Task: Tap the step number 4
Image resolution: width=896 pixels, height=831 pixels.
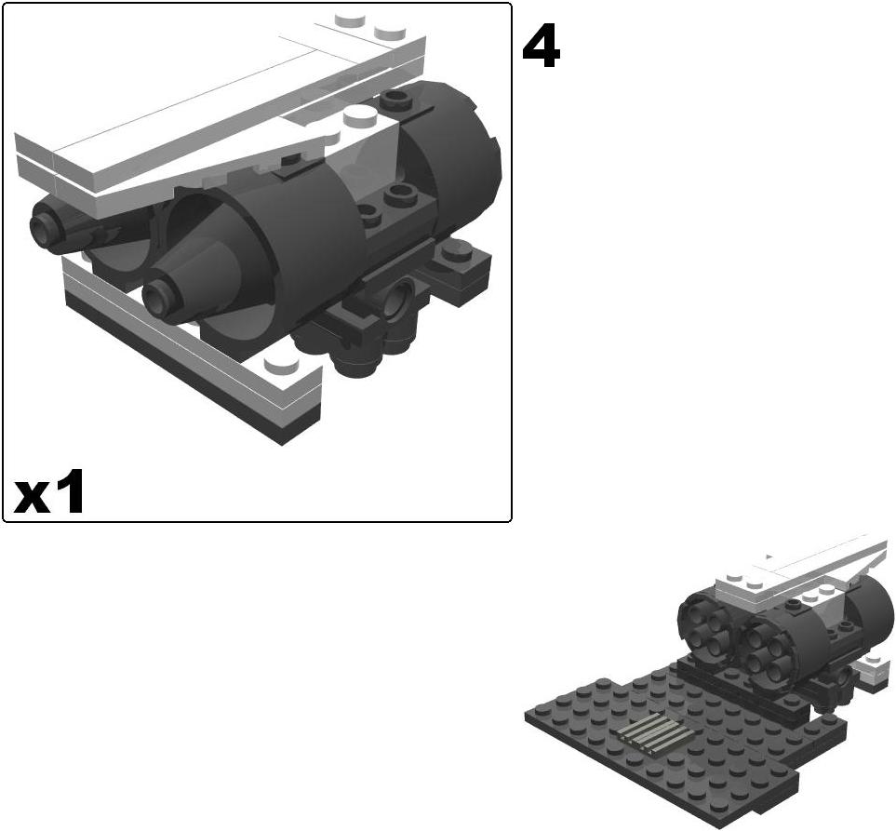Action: coord(541,47)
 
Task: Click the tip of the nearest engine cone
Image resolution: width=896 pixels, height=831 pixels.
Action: coord(156,296)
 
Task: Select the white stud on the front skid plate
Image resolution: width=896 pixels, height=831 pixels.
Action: coord(275,365)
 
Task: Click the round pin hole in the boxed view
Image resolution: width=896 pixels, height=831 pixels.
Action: coord(402,301)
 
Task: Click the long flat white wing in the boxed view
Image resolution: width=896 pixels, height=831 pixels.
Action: coord(186,140)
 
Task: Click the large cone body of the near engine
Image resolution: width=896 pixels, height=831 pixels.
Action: coord(214,279)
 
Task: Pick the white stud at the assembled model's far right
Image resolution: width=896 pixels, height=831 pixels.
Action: coord(872,662)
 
